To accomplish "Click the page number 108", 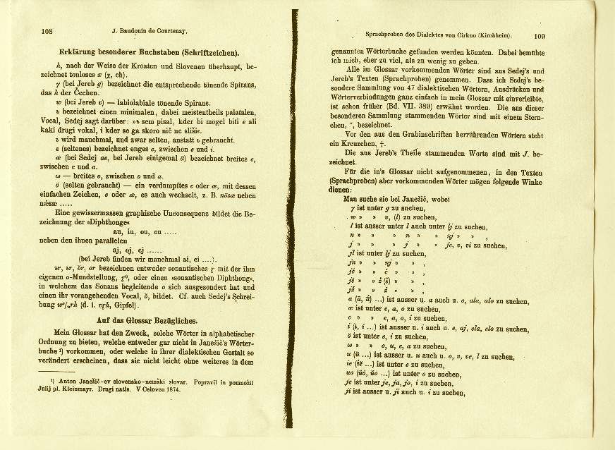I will (47, 31).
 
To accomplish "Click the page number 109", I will (540, 35).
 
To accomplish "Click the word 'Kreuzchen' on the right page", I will (370, 142).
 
